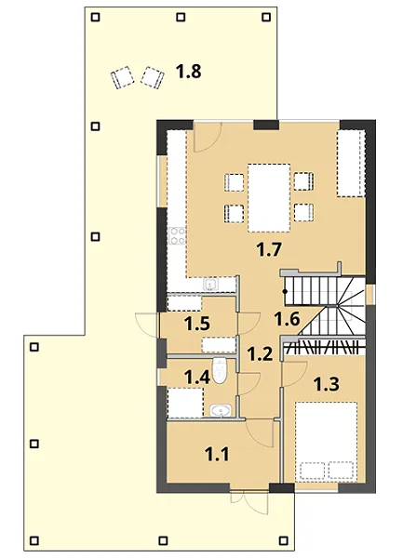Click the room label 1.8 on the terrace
point(189,72)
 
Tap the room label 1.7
point(269,250)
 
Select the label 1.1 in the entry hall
point(217,455)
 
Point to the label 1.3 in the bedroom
point(327,384)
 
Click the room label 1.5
point(197,325)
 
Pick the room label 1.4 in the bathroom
point(197,378)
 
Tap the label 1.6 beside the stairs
point(287,319)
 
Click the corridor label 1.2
point(260,354)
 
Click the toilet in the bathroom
point(220,370)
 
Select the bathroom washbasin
point(221,411)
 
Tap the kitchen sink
point(210,285)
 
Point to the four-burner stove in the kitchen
point(177,236)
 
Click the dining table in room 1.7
point(269,197)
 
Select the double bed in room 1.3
point(326,442)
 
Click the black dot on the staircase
point(285,292)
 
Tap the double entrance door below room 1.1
point(249,502)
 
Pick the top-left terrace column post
point(95,17)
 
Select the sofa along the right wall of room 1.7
point(352,164)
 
